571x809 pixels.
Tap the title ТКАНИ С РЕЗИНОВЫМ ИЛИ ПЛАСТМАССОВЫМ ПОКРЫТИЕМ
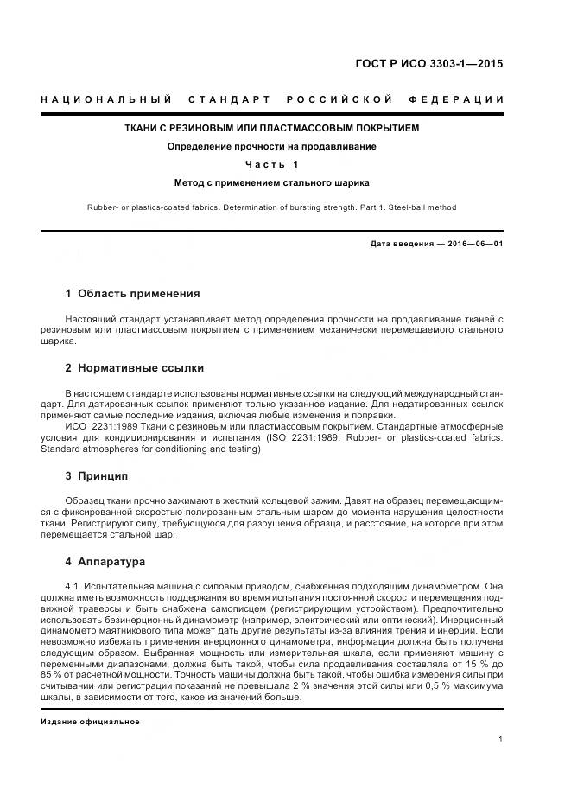point(272,129)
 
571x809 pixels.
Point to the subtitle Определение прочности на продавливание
point(271,146)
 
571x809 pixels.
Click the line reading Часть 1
point(272,164)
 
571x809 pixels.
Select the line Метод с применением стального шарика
point(271,182)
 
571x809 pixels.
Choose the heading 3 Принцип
point(97,475)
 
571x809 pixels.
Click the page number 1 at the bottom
point(501,739)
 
